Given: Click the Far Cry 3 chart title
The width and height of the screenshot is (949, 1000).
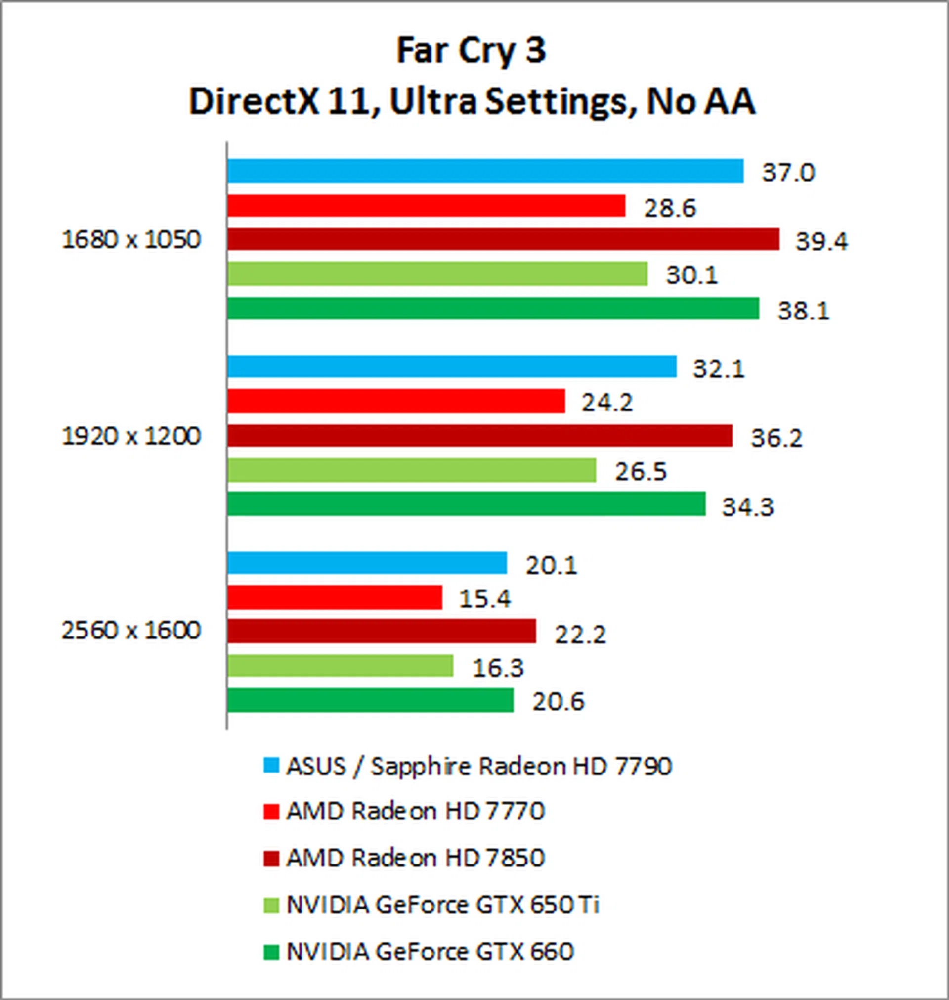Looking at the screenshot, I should [x=472, y=51].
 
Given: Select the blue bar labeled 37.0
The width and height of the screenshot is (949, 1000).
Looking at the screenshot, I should [x=485, y=171].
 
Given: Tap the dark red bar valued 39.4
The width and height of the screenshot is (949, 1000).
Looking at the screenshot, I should [x=503, y=239].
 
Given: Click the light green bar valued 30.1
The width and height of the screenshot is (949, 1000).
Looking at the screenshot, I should [x=437, y=274].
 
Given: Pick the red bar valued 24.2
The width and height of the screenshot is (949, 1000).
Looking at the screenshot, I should [x=395, y=401].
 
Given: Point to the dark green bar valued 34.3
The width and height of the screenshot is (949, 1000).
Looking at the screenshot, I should [x=466, y=504].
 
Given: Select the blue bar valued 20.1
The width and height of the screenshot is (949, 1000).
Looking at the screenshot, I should [x=367, y=563].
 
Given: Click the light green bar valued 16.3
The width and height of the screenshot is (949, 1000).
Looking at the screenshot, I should [x=340, y=666].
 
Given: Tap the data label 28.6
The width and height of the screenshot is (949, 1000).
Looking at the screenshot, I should [x=670, y=209].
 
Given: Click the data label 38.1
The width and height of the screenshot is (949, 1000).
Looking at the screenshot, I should [x=803, y=311].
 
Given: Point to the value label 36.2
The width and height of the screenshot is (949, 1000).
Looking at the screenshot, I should [x=776, y=438].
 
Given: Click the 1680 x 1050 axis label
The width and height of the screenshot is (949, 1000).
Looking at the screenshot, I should [x=131, y=240].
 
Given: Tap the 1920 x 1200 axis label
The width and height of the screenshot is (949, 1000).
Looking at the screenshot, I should [x=131, y=436].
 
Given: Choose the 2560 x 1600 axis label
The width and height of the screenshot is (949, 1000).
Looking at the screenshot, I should [x=131, y=631].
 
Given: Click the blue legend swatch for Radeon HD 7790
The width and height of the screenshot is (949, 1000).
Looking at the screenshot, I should [x=271, y=766].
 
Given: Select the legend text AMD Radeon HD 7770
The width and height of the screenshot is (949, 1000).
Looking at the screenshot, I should [x=415, y=812].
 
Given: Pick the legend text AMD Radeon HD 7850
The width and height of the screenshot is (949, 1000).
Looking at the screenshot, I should [x=415, y=858].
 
